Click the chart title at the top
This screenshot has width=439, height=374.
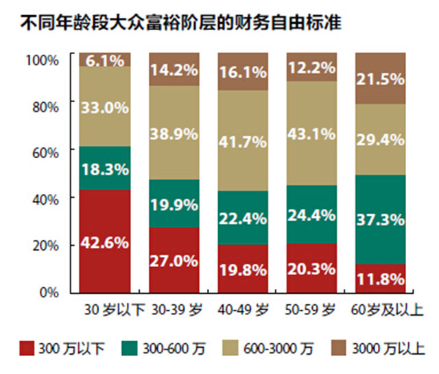(181, 23)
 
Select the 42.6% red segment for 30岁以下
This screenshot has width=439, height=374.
(105, 242)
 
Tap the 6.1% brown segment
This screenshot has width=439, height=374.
(105, 60)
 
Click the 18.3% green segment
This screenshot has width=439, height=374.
(105, 169)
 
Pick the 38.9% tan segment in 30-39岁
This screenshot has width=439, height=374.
(174, 132)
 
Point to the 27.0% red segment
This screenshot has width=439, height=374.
(174, 260)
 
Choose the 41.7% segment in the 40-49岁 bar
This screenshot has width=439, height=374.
(243, 140)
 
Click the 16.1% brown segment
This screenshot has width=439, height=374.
(243, 71)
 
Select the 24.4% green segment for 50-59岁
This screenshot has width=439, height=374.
(311, 214)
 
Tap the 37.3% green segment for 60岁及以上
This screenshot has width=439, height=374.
(381, 220)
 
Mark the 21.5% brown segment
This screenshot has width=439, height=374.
(381, 78)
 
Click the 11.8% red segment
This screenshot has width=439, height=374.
(381, 279)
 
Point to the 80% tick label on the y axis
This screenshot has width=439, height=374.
(46, 107)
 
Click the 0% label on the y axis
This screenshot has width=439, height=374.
(49, 292)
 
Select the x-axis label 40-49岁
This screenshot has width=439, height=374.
(244, 310)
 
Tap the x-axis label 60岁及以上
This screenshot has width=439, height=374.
(387, 310)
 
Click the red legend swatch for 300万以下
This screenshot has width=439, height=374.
(27, 348)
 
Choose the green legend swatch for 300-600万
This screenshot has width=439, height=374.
(130, 348)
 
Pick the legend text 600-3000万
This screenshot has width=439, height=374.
(278, 349)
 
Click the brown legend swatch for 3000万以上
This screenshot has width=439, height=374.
(338, 348)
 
